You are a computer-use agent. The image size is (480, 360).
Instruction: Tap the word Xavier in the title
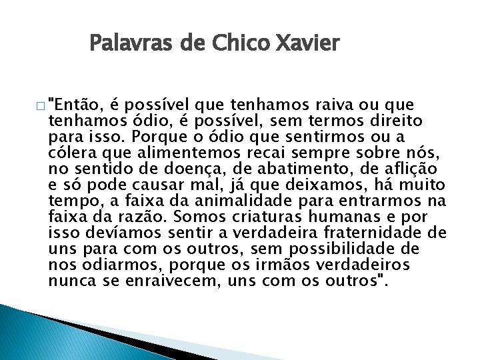coord(309,45)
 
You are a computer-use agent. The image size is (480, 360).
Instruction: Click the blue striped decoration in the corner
coord(40,333)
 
